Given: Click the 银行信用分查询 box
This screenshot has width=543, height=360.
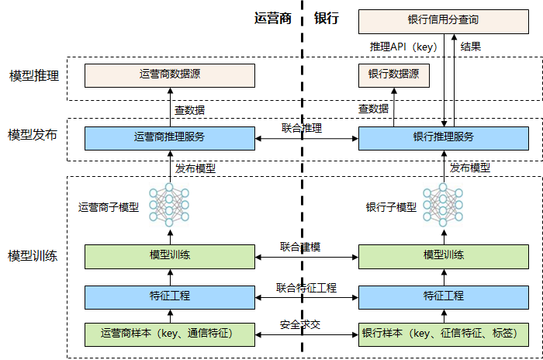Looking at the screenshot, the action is click(443, 22).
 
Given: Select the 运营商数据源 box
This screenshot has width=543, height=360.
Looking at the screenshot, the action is click(170, 75).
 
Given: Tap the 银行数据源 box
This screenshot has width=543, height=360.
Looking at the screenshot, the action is click(394, 75).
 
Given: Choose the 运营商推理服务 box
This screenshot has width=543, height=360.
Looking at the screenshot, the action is click(170, 138).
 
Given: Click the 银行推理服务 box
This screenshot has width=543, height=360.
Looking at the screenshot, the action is click(443, 138).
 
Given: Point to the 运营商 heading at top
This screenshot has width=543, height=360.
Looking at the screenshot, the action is click(273, 19).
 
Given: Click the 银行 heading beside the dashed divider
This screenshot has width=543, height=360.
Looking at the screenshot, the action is click(327, 19).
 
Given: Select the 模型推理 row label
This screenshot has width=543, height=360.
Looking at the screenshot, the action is click(34, 75).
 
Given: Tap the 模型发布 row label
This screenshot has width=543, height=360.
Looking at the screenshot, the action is click(33, 135).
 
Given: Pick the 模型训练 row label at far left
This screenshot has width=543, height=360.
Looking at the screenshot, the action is click(33, 256).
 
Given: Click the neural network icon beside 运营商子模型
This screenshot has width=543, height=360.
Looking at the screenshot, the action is click(169, 205).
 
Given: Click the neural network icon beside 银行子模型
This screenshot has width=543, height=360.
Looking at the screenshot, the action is click(443, 205).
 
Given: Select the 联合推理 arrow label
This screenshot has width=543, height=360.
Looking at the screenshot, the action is click(302, 128).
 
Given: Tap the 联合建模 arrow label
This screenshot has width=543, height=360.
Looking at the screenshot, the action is click(300, 247).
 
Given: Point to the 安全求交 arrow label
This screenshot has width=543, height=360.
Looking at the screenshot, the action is click(300, 324).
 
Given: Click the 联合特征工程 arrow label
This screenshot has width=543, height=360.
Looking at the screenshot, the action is click(306, 288).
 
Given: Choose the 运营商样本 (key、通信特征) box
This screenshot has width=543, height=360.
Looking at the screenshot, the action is click(170, 334).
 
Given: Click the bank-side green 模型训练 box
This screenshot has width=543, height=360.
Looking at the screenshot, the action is click(443, 257).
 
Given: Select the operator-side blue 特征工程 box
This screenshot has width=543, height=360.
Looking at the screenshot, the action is click(170, 297).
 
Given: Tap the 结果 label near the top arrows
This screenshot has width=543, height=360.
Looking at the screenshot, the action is click(471, 47).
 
